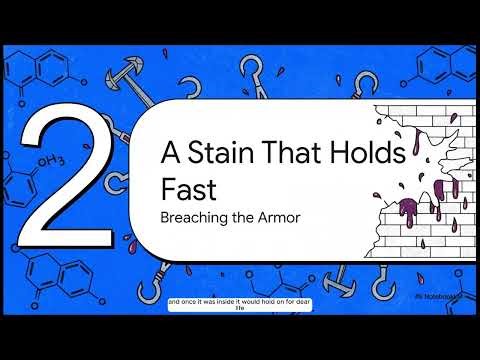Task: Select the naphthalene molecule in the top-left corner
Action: [30, 68]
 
